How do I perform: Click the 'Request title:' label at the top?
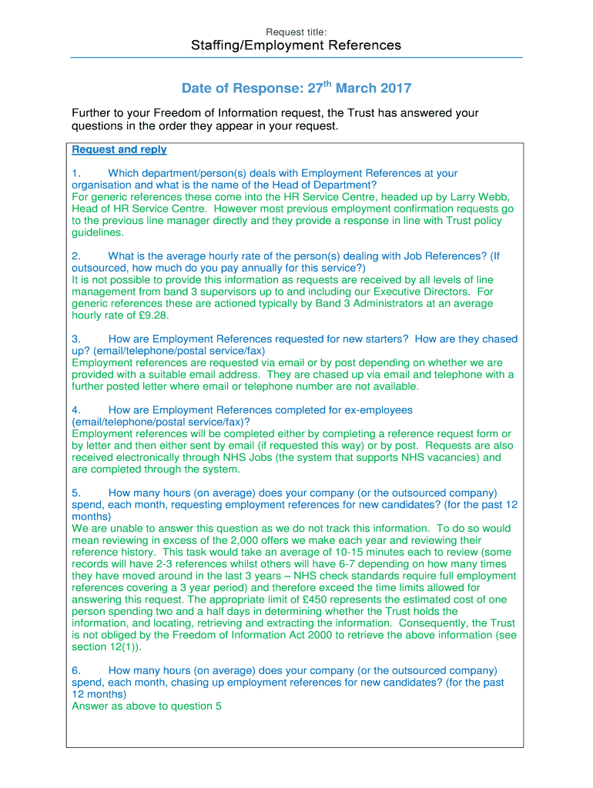296,32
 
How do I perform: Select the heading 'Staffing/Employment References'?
296,45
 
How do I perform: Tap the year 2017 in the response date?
396,88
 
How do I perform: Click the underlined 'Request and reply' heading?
119,149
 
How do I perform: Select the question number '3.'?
76,339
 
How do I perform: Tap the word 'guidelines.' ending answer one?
97,232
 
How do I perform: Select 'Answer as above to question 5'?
146,706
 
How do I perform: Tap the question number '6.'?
76,670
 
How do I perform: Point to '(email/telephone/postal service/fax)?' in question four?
160,422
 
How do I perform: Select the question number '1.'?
76,173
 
